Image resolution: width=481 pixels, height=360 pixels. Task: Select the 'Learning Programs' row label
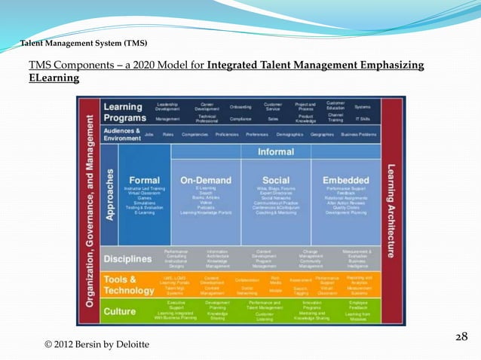[x=126, y=111]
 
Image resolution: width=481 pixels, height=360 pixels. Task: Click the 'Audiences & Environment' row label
[x=121, y=133]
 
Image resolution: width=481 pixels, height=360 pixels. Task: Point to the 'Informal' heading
[x=276, y=151]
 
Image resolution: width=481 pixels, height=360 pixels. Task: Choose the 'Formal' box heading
[x=144, y=180]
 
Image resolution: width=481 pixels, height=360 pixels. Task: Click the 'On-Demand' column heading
[x=205, y=180]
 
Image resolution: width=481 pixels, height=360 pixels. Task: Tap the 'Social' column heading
[x=276, y=180]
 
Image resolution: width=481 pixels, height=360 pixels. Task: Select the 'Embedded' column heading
[x=345, y=180]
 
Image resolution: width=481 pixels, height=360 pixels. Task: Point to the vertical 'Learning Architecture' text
[x=391, y=211]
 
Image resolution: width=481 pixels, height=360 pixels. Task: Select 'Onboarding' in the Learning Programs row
[x=240, y=107]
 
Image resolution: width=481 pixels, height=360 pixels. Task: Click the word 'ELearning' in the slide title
[x=54, y=78]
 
